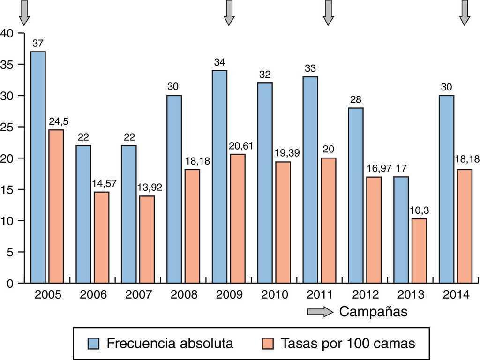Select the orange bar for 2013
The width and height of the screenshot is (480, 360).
(419, 251)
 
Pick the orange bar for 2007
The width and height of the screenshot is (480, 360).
(147, 239)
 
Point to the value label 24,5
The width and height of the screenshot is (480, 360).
(58, 122)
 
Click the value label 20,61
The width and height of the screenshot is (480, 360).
(241, 146)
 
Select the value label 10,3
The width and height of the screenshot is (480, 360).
(420, 210)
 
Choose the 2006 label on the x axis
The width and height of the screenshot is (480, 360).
(93, 295)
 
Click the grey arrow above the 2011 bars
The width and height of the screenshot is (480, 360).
(328, 12)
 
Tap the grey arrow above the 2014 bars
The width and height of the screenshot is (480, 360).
(465, 12)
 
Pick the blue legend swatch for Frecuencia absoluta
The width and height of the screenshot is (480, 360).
(93, 344)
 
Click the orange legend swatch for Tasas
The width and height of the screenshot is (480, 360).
(268, 344)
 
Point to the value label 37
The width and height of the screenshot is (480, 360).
(38, 44)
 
